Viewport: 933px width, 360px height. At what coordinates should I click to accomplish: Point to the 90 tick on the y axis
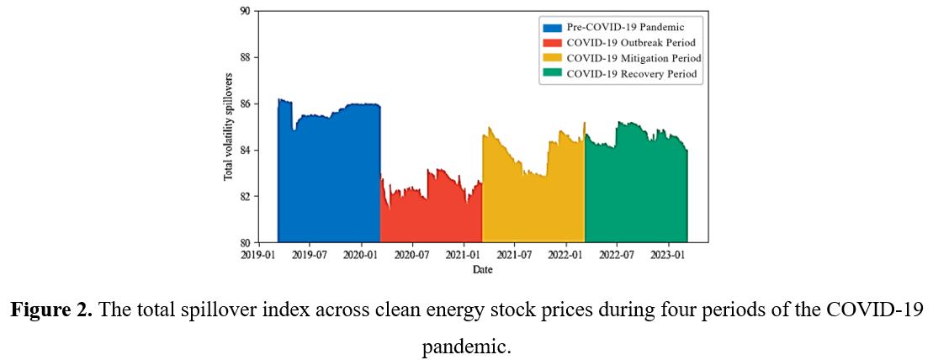245,11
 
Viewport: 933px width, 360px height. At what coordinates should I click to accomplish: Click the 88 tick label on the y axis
245,57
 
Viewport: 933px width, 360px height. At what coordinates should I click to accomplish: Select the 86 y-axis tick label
245,103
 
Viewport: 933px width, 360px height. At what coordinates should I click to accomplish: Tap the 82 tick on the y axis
245,196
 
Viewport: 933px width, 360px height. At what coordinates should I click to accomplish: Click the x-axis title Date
482,270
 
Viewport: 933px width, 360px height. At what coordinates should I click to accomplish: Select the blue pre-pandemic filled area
329,177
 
